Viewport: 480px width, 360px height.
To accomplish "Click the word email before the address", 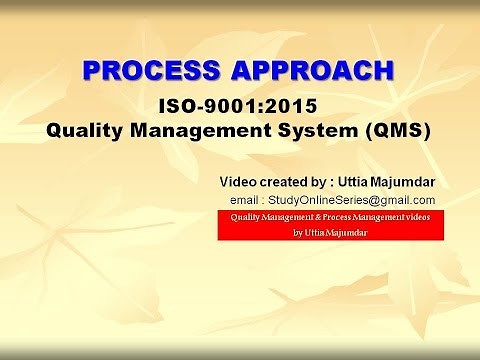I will (248, 200).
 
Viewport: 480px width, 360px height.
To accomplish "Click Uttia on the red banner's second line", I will (318, 232).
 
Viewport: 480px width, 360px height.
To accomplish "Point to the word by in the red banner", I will (299, 232).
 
